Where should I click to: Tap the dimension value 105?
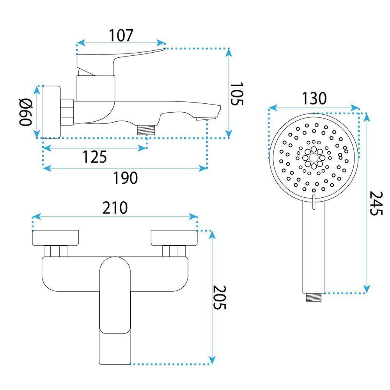point(236,94)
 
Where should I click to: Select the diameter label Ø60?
point(26,112)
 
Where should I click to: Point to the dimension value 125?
point(94,157)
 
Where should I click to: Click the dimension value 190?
point(125,178)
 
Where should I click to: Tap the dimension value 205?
point(220,297)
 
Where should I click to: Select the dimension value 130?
point(314,99)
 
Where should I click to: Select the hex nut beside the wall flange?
point(67,112)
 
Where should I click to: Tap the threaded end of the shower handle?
point(314,297)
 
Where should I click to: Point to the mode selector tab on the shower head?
point(314,201)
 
